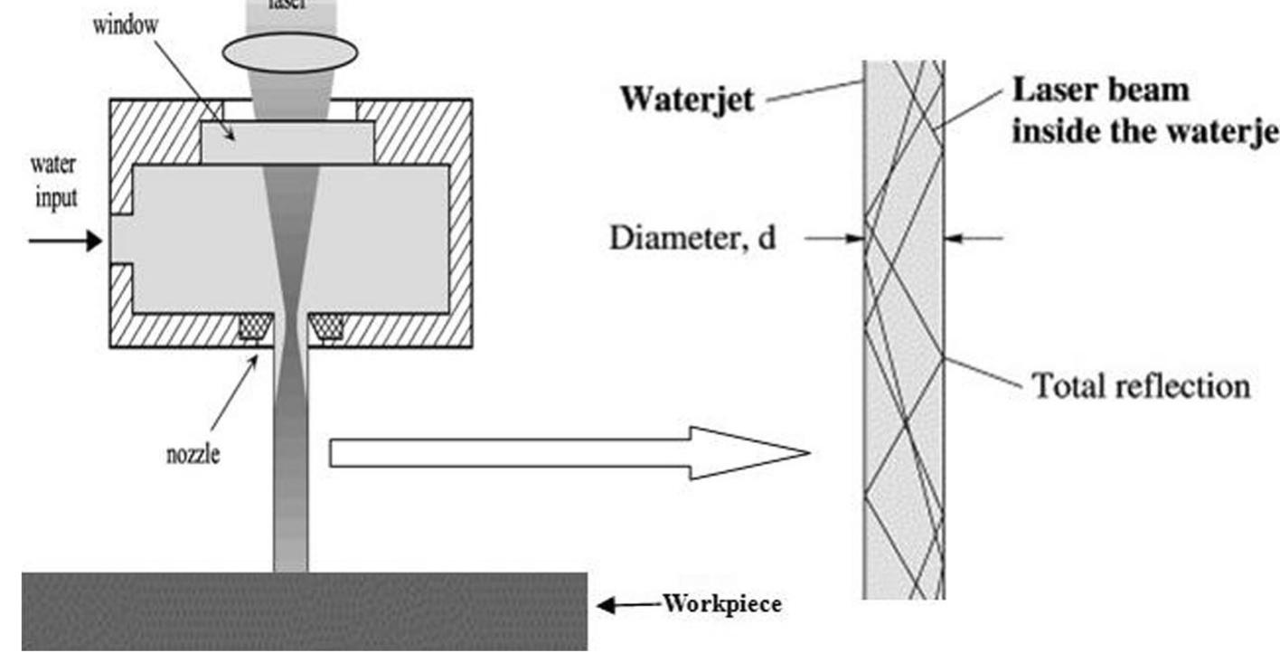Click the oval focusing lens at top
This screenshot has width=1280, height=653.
pos(290,52)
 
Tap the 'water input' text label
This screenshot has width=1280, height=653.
pos(54,181)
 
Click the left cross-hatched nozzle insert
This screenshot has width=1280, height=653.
pos(254,326)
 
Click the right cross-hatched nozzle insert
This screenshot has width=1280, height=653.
pos(326,326)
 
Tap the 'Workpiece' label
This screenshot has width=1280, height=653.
pos(722,604)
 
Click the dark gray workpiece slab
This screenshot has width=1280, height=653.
pos(304,611)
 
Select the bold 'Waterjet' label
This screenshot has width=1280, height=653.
pos(687,99)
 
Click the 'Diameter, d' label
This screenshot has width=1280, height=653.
pos(692,239)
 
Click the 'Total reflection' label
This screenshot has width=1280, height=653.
pos(1141,386)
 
